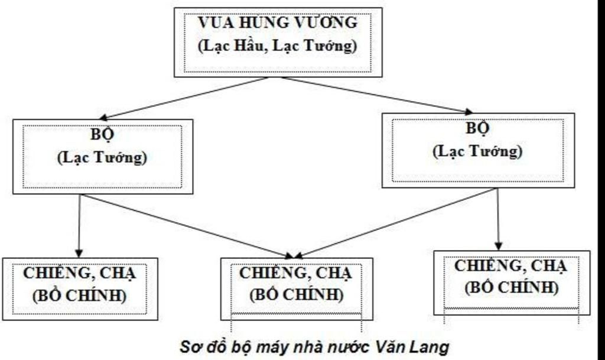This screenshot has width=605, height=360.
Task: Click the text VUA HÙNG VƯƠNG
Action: click(277, 23)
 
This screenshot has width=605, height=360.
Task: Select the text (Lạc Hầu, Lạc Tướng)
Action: click(277, 46)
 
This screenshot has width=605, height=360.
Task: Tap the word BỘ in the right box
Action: click(477, 128)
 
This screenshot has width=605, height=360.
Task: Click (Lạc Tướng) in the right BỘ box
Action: click(477, 151)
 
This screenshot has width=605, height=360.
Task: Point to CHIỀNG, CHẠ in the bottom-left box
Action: click(80, 274)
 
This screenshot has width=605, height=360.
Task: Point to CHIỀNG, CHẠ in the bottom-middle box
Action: click(295, 273)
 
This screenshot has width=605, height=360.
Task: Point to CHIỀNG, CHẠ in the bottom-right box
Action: click(510, 266)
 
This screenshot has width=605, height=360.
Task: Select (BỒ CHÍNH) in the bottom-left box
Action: click(80, 295)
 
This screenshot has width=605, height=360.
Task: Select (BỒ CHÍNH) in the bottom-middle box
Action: click(296, 294)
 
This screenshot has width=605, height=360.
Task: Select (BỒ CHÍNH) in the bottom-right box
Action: click(511, 287)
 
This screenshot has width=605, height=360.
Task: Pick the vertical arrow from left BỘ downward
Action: click(79, 225)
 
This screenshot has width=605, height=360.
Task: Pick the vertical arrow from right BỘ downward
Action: click(497, 219)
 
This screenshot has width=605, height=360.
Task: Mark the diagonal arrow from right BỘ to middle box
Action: click(396, 223)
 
